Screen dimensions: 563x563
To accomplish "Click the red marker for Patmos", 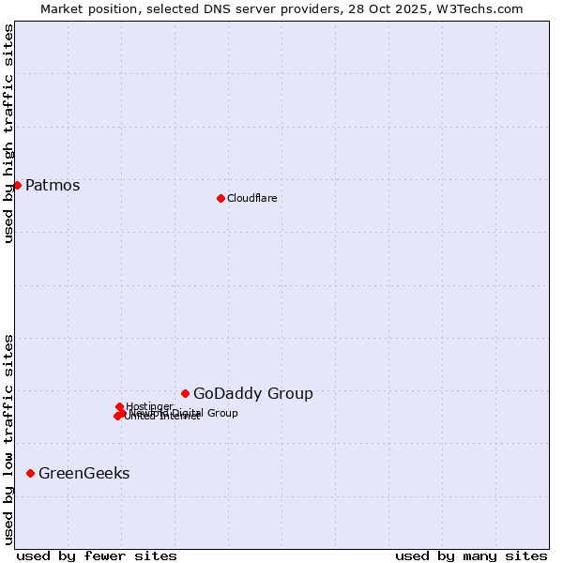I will pyautogui.click(x=17, y=185).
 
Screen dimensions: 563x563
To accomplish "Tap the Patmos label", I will pyautogui.click(x=53, y=185).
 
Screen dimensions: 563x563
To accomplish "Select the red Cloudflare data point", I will pyautogui.click(x=221, y=198).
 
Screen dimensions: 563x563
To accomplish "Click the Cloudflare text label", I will pyautogui.click(x=251, y=198).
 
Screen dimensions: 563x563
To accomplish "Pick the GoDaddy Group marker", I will pyautogui.click(x=185, y=393).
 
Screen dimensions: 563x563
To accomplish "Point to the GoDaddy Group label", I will pyautogui.click(x=252, y=393).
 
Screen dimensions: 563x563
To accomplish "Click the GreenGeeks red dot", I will pyautogui.click(x=30, y=473).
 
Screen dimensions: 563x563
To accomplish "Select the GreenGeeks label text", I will pyautogui.click(x=84, y=473).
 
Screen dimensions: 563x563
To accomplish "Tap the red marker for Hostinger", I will pyautogui.click(x=119, y=406).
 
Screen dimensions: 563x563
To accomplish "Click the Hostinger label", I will pyautogui.click(x=149, y=406).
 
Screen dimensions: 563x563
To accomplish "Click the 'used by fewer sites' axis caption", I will pyautogui.click(x=96, y=555).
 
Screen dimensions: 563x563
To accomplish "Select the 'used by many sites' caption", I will pyautogui.click(x=471, y=555).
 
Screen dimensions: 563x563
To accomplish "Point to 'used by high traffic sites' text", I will pyautogui.click(x=8, y=134).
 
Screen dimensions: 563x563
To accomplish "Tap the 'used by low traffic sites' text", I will pyautogui.click(x=8, y=439).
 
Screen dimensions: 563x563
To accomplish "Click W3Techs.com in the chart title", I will pyautogui.click(x=486, y=8).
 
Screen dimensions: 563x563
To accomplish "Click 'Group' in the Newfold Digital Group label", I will pyautogui.click(x=221, y=413).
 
